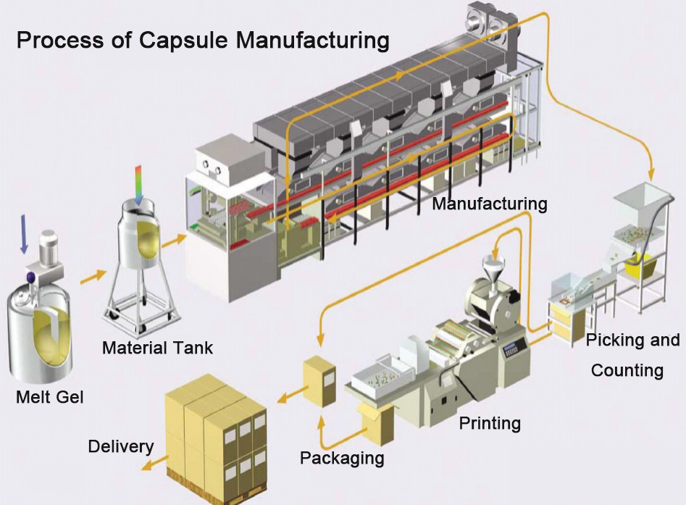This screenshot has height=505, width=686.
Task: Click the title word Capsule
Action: (x=185, y=40)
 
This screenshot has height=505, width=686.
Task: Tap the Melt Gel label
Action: (x=50, y=396)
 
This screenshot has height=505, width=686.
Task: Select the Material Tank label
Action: (x=157, y=348)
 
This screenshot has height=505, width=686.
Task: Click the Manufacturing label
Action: (x=489, y=204)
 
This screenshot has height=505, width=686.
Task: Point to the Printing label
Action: (x=490, y=422)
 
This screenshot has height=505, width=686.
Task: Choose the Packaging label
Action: (x=342, y=458)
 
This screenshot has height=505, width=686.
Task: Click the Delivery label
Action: (x=120, y=446)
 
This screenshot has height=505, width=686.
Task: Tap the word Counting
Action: (x=627, y=370)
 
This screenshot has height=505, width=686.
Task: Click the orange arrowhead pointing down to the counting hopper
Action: (x=650, y=175)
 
